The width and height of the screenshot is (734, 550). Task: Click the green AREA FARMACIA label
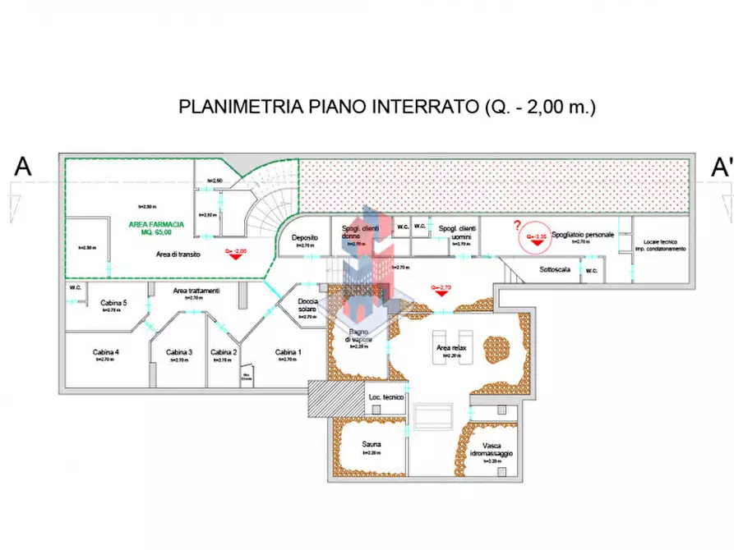tap(156, 224)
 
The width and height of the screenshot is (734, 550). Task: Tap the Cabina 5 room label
tap(113, 303)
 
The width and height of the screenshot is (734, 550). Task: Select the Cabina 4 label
tap(106, 352)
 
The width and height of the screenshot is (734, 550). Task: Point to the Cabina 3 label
tap(178, 352)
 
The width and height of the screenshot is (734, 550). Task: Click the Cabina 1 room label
tap(288, 352)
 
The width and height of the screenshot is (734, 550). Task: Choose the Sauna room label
tap(372, 444)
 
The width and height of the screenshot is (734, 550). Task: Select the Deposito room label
tap(304, 238)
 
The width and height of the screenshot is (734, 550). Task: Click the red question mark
tap(517, 226)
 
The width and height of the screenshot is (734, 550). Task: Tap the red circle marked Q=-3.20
tap(539, 236)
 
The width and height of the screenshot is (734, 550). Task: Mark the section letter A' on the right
tap(722, 167)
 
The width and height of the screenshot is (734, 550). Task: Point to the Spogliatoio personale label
tap(583, 234)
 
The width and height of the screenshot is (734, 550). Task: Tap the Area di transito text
tap(179, 255)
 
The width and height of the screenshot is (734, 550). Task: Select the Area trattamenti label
tap(196, 291)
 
